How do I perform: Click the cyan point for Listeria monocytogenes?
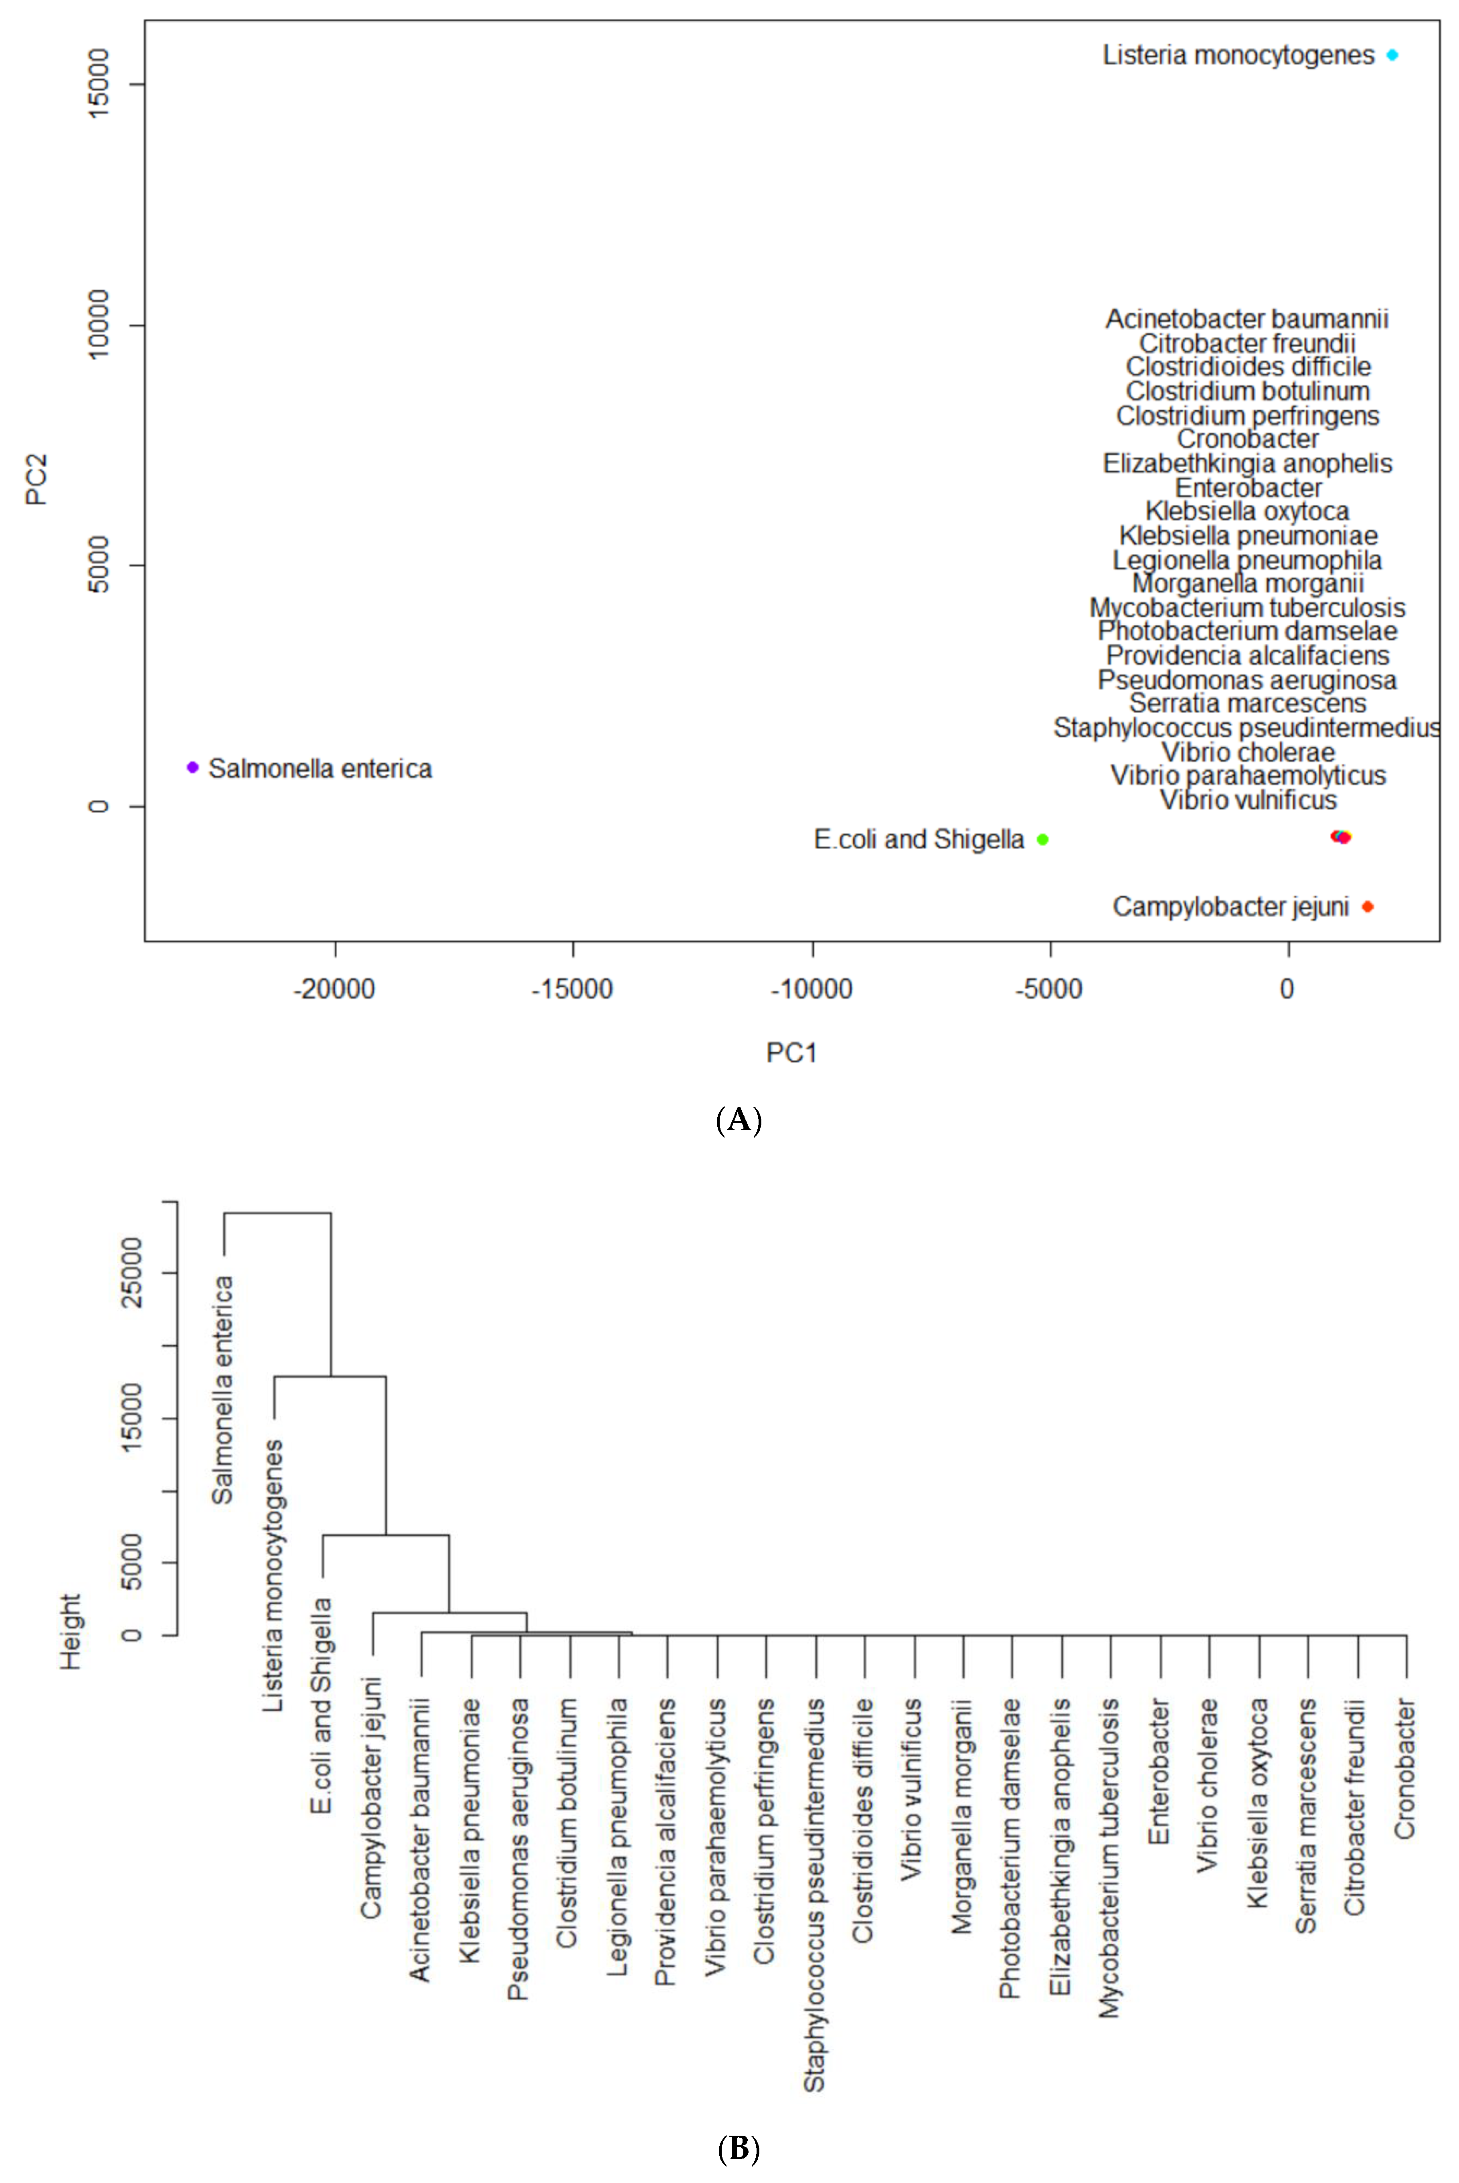pos(1392,55)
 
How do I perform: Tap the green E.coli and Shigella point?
pos(1043,839)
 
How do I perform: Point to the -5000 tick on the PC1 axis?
pos(1050,989)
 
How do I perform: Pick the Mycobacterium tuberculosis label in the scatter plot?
pos(1247,608)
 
